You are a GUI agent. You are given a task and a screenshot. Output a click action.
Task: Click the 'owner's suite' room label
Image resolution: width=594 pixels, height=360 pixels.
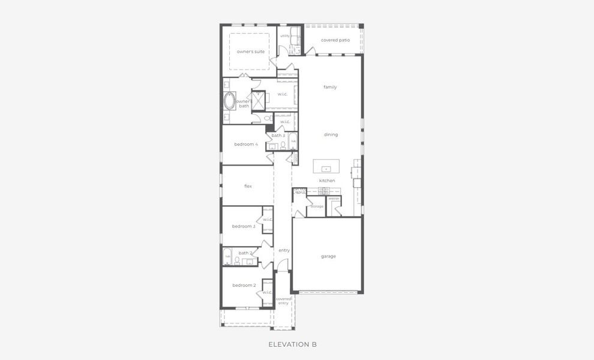[250, 52]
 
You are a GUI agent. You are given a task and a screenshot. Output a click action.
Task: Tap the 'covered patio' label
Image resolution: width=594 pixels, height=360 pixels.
[335, 40]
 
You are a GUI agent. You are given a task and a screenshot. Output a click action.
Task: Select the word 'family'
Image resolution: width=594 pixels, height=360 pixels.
[330, 87]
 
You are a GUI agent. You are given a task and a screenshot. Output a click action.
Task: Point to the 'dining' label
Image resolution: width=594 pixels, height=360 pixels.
[331, 134]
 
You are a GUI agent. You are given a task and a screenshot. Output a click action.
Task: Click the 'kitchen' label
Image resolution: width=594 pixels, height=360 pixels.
[327, 181]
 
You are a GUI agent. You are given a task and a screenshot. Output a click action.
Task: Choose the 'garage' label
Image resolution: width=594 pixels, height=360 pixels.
[328, 256]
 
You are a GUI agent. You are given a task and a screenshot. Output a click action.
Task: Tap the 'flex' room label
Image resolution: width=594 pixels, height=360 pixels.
[248, 186]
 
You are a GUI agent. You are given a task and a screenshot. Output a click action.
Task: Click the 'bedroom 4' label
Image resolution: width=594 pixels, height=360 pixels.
[246, 144]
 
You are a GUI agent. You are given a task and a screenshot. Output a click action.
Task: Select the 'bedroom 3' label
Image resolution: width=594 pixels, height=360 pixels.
[244, 226]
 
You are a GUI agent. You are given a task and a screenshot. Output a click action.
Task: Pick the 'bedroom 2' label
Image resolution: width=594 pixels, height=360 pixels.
[244, 285]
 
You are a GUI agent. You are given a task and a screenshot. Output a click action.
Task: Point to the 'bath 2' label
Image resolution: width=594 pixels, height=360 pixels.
[245, 253]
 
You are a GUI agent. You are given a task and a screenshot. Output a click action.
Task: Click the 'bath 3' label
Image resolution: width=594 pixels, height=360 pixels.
[278, 136]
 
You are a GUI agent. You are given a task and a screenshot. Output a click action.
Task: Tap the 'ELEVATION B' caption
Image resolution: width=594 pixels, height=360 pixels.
[292, 344]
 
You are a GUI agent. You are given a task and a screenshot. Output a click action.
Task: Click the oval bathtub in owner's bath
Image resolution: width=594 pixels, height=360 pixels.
[229, 101]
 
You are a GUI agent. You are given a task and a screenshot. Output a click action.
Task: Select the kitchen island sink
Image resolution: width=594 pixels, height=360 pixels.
[326, 169]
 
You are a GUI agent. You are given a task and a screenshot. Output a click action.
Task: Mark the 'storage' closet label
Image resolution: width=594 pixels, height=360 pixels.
[317, 206]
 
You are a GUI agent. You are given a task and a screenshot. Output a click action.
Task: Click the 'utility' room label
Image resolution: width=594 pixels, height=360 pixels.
[285, 36]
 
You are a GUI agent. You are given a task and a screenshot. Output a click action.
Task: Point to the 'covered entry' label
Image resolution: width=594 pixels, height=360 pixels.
[283, 301]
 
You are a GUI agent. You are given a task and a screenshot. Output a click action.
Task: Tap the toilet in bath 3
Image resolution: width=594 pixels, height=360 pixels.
[283, 145]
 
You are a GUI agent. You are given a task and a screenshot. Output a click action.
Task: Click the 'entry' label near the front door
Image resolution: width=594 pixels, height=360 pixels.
[284, 250]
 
